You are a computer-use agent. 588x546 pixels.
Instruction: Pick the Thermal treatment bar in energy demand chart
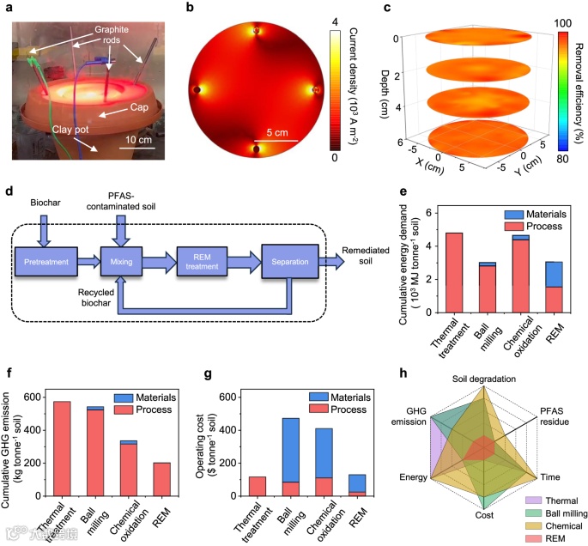(x=454, y=272)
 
